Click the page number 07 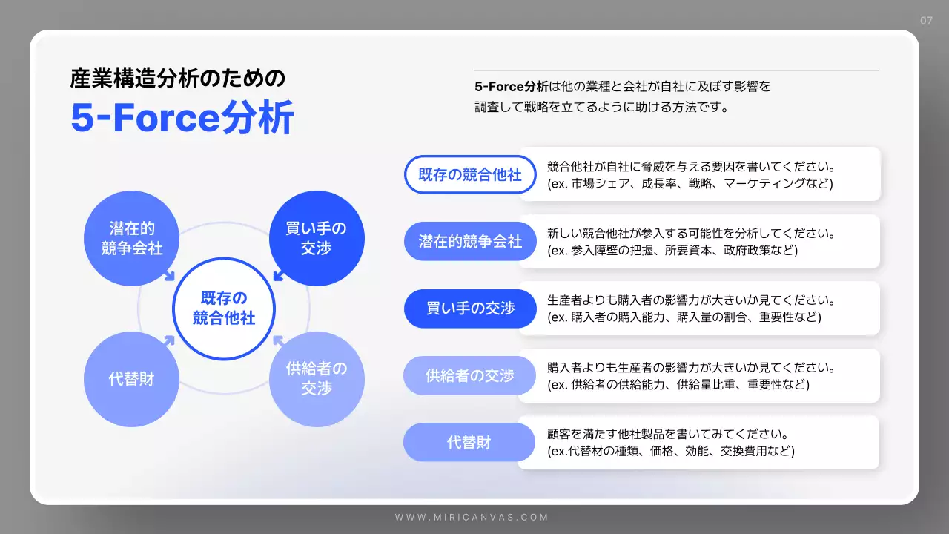926,21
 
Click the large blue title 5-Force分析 182,118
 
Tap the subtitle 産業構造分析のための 177,78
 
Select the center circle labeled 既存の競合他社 224,309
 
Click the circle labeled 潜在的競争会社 132,238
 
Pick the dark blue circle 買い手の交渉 317,238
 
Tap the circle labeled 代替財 132,379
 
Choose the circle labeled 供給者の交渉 317,379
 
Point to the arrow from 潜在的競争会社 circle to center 169,276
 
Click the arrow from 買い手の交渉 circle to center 279,276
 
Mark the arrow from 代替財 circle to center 169,340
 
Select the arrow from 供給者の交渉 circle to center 279,340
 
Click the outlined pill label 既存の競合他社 470,175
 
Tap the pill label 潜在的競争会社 470,242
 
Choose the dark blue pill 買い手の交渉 470,309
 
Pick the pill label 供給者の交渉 469,376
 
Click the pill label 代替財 469,444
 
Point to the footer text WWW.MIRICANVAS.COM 472,517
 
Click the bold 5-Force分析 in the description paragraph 512,86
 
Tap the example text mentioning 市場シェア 690,183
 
